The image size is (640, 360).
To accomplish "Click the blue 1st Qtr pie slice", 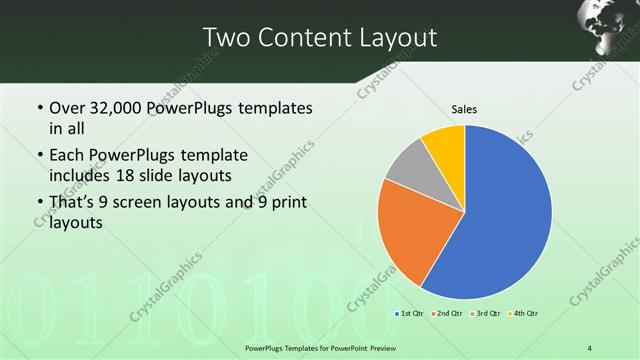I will [505, 215].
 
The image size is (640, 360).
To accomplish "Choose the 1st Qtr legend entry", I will [409, 314].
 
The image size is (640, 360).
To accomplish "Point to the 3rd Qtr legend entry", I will [485, 314].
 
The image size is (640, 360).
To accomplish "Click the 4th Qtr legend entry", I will [522, 314].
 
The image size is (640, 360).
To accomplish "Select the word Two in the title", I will [225, 37].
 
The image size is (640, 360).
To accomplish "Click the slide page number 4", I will [591, 347].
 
